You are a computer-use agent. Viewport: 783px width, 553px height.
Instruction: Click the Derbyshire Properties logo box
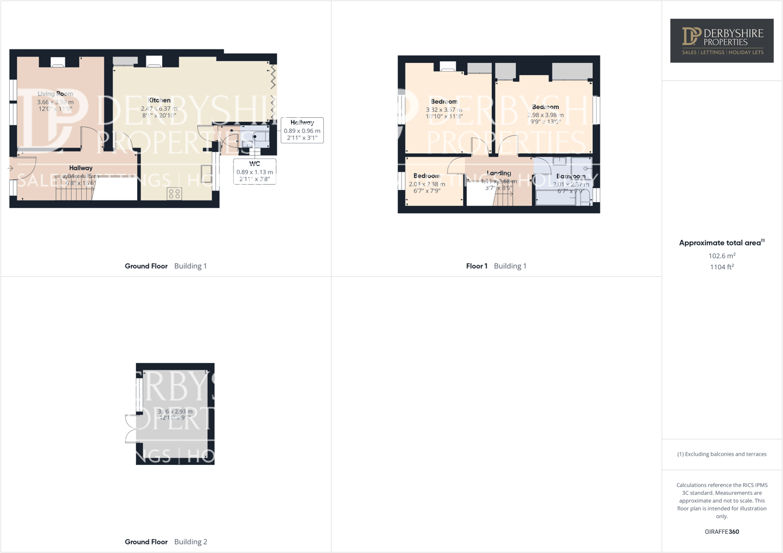click(x=722, y=40)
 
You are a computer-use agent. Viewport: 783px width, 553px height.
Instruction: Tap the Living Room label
click(x=55, y=94)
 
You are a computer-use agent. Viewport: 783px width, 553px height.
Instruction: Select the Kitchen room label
click(x=159, y=100)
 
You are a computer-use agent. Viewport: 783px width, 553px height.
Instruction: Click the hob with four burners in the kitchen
click(x=174, y=193)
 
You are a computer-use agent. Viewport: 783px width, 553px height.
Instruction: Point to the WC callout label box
click(x=254, y=171)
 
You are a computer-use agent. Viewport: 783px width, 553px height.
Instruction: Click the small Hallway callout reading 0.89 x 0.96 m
click(x=302, y=131)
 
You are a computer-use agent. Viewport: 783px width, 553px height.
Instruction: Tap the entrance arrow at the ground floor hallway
click(x=11, y=168)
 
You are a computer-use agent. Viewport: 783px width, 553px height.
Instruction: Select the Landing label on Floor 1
click(x=499, y=173)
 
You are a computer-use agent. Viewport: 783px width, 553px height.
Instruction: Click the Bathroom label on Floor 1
click(x=570, y=176)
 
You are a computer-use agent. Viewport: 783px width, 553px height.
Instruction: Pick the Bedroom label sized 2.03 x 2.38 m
click(x=427, y=176)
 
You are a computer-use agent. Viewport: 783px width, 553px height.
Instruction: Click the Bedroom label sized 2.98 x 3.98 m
click(x=546, y=107)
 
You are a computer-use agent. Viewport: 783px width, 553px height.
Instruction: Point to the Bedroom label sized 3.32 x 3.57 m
click(x=444, y=102)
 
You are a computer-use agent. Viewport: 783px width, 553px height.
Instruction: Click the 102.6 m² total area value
click(x=722, y=256)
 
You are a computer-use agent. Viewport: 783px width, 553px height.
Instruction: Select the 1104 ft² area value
click(x=722, y=267)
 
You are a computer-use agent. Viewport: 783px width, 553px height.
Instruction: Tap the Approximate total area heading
click(x=721, y=243)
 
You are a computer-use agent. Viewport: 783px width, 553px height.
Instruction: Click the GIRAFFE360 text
click(x=722, y=531)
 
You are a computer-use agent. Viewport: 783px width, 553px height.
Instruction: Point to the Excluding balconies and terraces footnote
click(x=722, y=454)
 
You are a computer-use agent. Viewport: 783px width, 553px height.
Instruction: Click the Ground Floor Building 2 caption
click(x=166, y=542)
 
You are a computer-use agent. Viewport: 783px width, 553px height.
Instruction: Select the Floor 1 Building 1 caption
click(x=496, y=266)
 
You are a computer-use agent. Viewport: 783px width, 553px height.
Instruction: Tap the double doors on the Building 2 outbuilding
click(x=131, y=429)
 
